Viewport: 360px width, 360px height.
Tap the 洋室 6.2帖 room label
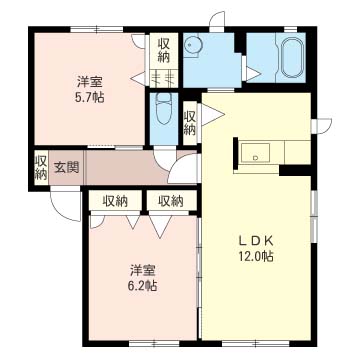(142, 277)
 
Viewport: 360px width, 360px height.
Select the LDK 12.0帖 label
(255, 248)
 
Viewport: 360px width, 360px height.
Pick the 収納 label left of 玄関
(40, 167)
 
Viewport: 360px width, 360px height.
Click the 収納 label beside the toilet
(190, 122)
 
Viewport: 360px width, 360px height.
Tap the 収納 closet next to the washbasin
(163, 50)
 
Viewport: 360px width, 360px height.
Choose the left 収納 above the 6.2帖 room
(114, 201)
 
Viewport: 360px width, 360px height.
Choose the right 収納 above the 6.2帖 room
(168, 201)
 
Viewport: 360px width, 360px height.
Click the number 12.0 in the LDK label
(256, 257)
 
